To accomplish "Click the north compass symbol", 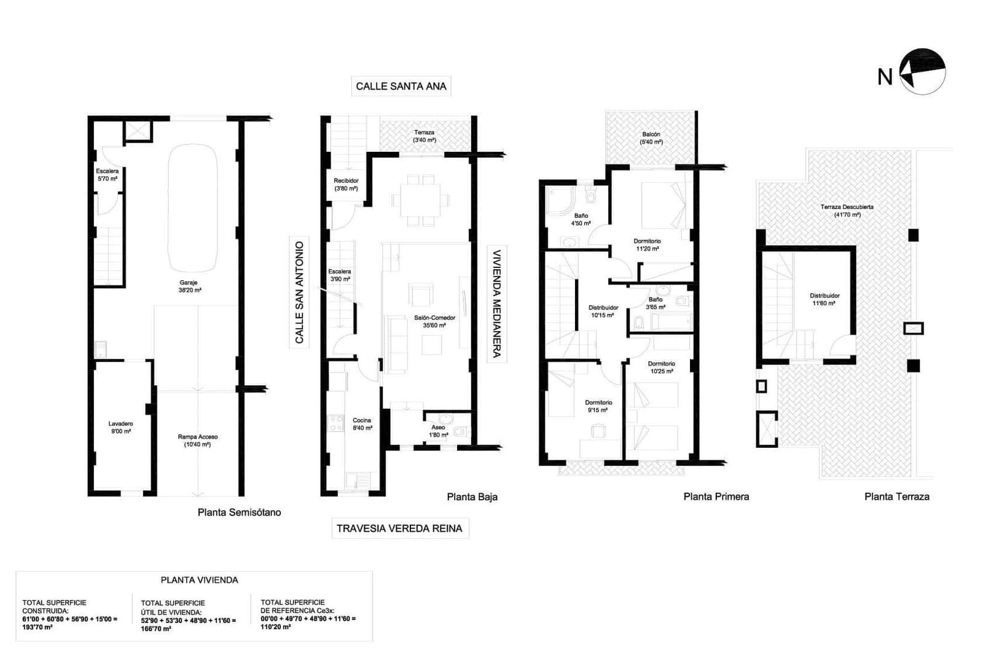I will (x=922, y=71).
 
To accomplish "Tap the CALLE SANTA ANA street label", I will (x=401, y=86).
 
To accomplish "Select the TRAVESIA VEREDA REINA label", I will (x=400, y=528).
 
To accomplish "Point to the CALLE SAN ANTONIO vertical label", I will (x=300, y=292).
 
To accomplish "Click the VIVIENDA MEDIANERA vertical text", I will (x=496, y=303).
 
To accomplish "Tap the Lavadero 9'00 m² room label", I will (x=120, y=428).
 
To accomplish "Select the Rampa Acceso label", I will (x=198, y=441).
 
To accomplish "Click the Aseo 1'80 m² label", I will (x=438, y=431).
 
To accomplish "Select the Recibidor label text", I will (x=346, y=184).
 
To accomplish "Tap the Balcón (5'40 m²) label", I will (x=651, y=138).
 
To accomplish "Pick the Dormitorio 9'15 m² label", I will (x=598, y=406).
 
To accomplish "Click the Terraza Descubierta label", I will (x=847, y=211).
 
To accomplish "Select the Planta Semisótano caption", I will (x=239, y=512).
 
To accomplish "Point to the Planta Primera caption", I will (x=716, y=497).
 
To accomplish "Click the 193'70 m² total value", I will (x=37, y=627).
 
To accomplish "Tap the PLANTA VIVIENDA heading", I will (x=199, y=580).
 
